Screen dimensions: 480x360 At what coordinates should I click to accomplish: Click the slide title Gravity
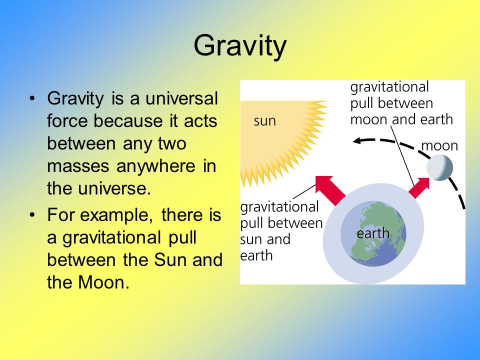click(x=240, y=45)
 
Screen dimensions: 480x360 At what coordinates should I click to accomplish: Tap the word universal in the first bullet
click(x=181, y=98)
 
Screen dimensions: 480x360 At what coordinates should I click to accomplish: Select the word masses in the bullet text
click(x=78, y=166)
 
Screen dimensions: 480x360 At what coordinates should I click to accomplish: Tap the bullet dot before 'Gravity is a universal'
click(x=32, y=98)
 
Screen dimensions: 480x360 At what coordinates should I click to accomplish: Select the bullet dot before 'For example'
click(x=32, y=215)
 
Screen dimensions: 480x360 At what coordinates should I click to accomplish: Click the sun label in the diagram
click(x=265, y=121)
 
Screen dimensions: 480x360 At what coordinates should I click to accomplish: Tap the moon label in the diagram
click(x=439, y=145)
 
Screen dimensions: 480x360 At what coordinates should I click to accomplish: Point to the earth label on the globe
click(x=373, y=233)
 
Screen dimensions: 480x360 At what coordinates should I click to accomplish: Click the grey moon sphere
click(x=440, y=168)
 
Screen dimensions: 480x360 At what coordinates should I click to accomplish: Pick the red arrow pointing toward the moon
click(x=419, y=188)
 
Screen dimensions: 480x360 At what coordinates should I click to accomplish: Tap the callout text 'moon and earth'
click(x=401, y=119)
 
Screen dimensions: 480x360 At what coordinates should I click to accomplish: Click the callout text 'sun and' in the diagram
click(x=265, y=239)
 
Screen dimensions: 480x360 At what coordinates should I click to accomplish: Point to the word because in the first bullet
click(x=128, y=121)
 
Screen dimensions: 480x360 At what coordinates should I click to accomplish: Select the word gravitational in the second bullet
click(x=111, y=237)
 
